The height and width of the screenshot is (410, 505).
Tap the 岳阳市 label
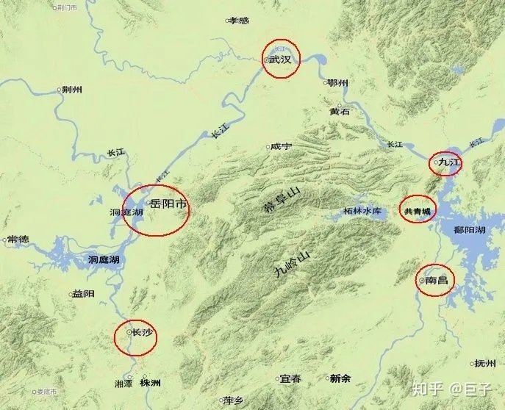coord(168,204)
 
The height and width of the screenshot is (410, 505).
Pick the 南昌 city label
coord(437,279)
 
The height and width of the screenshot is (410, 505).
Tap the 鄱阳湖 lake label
coord(470,230)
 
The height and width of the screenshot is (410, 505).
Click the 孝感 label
coord(239,21)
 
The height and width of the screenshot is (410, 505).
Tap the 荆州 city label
coord(72,90)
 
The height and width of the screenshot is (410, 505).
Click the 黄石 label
coord(340,112)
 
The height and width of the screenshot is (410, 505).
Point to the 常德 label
coord(18,240)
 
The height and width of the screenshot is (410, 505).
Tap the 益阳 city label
coord(83,294)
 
